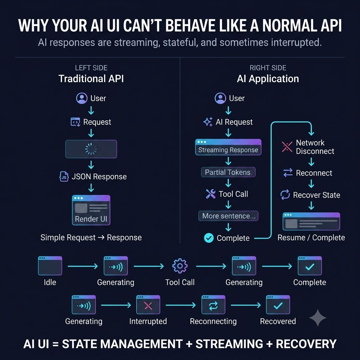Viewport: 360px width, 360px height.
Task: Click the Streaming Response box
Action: tap(228, 147)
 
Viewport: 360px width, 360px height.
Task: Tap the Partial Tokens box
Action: tap(228, 172)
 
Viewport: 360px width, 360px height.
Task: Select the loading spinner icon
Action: tap(91, 149)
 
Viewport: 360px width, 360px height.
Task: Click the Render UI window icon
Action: tap(91, 210)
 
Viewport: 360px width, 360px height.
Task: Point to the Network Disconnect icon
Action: tap(287, 147)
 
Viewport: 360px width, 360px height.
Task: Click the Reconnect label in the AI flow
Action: tap(314, 173)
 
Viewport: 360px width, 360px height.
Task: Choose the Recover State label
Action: tap(317, 195)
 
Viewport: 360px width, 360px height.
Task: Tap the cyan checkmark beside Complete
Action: tap(209, 238)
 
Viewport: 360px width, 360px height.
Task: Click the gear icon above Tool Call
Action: tap(180, 266)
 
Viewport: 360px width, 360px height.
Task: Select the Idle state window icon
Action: tap(50, 266)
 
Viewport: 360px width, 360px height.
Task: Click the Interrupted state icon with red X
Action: tap(148, 305)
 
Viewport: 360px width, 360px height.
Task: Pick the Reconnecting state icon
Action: tap(213, 305)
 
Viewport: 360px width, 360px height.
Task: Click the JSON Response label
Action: tap(99, 176)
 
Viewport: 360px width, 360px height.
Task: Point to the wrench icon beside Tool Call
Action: tap(211, 194)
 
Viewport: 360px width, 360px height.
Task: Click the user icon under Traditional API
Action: tap(82, 98)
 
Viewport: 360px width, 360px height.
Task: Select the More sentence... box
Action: tap(228, 216)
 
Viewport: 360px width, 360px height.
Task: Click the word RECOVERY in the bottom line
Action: tap(306, 344)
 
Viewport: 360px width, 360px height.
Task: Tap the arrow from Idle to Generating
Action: tap(83, 266)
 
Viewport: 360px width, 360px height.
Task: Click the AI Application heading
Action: tap(268, 79)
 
